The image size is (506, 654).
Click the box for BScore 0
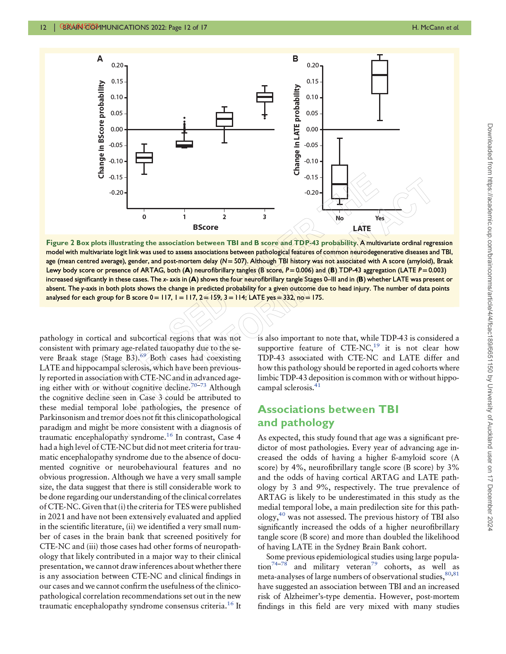[144, 158]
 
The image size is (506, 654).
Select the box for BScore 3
[265, 97]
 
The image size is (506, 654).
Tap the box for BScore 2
[224, 119]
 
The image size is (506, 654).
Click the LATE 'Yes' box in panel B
[379, 77]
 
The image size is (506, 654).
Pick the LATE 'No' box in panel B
[339, 182]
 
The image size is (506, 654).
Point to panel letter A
[100, 59]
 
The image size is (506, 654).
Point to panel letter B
[296, 59]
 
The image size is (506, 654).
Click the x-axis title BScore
[205, 227]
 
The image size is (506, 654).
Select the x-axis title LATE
[362, 228]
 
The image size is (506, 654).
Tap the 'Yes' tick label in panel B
[379, 218]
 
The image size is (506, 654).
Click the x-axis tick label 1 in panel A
[184, 217]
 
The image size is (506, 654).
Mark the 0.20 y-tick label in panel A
[117, 65]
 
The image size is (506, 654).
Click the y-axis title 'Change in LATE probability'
[297, 129]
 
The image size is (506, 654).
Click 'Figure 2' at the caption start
[60, 243]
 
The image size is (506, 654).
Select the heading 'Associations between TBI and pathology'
[328, 416]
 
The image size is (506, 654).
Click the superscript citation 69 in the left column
[143, 356]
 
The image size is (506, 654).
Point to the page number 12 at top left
[43, 28]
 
